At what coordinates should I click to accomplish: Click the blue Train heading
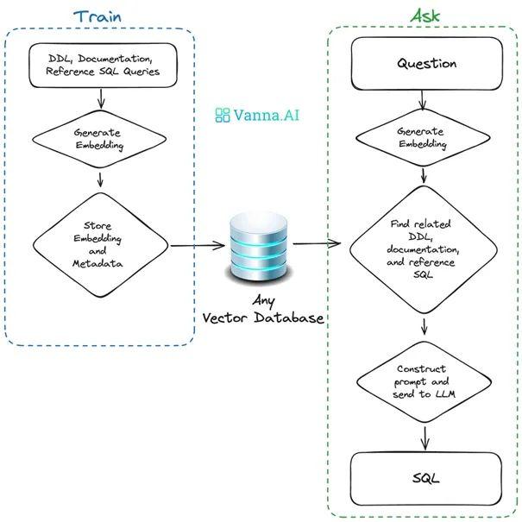click(x=97, y=16)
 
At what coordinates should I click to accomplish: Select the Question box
click(x=426, y=64)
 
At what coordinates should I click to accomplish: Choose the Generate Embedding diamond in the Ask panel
click(x=422, y=138)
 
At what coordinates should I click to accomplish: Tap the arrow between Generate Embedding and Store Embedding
click(x=103, y=179)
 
